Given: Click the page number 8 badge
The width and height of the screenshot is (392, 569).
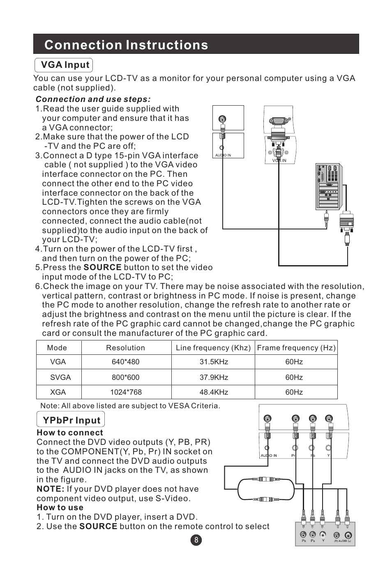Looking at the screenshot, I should coord(196,540).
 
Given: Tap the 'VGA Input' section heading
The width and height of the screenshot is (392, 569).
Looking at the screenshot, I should coord(65,65).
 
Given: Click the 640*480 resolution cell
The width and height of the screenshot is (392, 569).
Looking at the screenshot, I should coord(125,362).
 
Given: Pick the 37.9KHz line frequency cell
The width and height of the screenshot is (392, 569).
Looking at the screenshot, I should coord(214,377).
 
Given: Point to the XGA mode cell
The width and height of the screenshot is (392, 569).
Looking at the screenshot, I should coord(58,392).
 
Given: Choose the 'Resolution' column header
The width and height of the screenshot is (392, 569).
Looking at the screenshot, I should coord(125,348).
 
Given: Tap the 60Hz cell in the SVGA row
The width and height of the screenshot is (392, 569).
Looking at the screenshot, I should coord(294,377).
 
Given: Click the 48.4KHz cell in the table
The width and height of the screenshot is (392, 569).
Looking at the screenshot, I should coord(214,392).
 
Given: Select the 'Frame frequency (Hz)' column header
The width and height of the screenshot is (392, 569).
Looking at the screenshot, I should coord(296,348).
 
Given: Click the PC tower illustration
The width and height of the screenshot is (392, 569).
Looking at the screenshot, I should coord(328,187).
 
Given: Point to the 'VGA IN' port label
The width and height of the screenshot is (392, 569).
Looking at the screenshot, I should coord(279,160).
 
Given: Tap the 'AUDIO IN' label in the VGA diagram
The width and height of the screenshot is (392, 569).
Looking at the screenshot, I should coord(223,155).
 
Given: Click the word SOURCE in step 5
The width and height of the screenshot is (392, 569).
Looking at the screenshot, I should coord(102,268).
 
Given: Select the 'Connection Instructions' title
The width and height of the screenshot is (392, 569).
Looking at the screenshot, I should coord(126,45).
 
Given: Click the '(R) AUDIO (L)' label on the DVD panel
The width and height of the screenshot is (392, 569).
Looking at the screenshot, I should coord(342,541).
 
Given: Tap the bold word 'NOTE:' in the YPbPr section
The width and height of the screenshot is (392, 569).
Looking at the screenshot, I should coord(50,489).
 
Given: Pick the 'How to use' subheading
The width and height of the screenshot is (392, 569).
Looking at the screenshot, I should coord(60,508).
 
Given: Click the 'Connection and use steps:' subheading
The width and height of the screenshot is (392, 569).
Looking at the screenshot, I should coord(93,99).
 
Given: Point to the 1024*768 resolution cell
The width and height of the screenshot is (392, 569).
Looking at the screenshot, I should coord(125,392).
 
